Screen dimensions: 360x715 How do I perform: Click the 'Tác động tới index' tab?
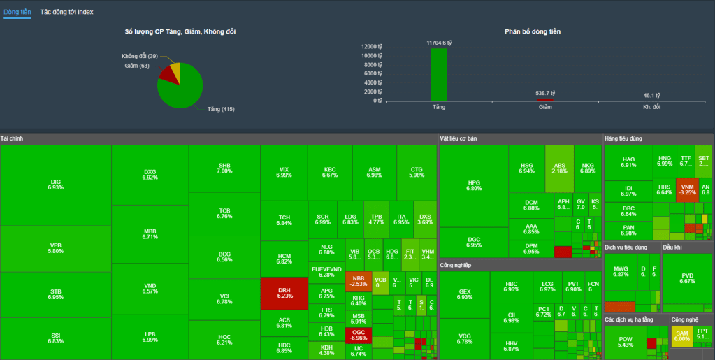pyautogui.click(x=66, y=12)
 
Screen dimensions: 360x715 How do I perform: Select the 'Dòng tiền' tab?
pyautogui.click(x=17, y=12)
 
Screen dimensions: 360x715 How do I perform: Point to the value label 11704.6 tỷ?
pyautogui.click(x=439, y=43)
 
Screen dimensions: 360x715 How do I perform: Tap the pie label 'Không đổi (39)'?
pyautogui.click(x=139, y=56)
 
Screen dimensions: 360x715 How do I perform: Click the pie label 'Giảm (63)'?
pyautogui.click(x=137, y=66)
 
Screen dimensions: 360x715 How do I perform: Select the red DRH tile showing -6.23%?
pyautogui.click(x=284, y=293)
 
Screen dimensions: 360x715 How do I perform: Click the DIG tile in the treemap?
pyautogui.click(x=56, y=185)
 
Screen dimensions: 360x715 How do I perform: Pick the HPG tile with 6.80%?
pyautogui.click(x=474, y=185)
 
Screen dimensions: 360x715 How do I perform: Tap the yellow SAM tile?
pyautogui.click(x=681, y=336)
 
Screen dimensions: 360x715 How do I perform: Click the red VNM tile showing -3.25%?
pyautogui.click(x=687, y=190)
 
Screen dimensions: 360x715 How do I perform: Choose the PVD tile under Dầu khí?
pyautogui.click(x=687, y=278)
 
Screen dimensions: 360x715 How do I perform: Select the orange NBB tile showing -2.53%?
pyautogui.click(x=358, y=281)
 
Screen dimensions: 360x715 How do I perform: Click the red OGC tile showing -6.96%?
pyautogui.click(x=358, y=335)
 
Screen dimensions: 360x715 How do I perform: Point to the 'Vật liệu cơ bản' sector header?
pyautogui.click(x=458, y=138)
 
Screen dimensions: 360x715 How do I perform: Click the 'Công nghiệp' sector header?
pyautogui.click(x=456, y=266)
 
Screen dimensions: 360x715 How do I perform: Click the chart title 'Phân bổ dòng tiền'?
pyautogui.click(x=532, y=31)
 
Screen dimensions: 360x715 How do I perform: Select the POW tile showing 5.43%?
pyautogui.click(x=625, y=342)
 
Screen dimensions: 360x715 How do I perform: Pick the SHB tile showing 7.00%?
pyautogui.click(x=224, y=168)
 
